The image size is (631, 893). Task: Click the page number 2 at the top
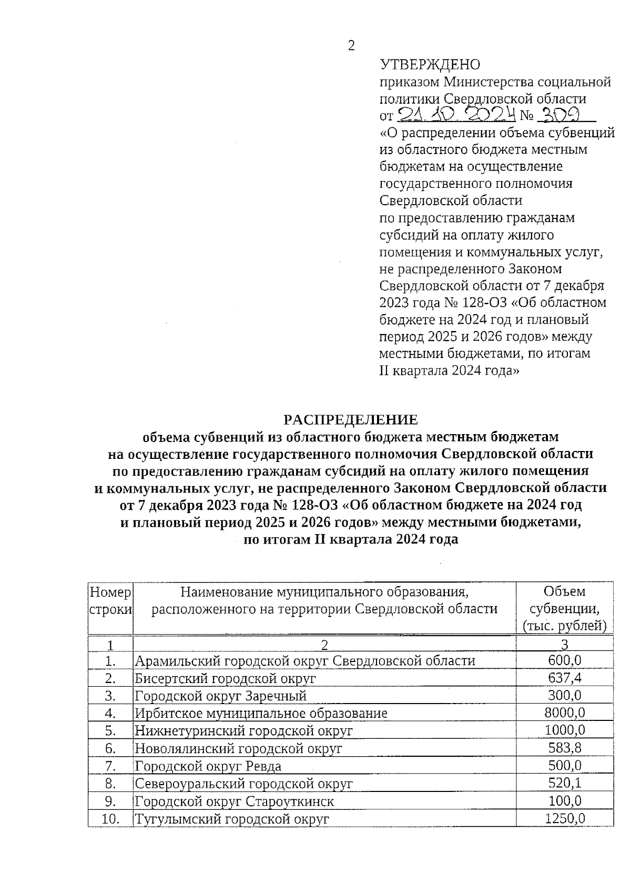click(351, 46)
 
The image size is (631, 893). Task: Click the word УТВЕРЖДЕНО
click(430, 65)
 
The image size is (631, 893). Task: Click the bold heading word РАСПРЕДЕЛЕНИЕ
click(351, 419)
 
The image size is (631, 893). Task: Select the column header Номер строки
click(110, 601)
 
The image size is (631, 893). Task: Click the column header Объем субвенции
click(565, 608)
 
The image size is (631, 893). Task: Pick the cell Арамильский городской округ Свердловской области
click(305, 660)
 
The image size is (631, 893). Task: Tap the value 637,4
click(565, 678)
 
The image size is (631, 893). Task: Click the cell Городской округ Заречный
click(221, 696)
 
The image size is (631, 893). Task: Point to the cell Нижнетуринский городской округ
click(243, 730)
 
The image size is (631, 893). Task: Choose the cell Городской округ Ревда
click(208, 766)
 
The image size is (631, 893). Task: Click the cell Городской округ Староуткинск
click(235, 801)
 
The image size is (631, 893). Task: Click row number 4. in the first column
click(110, 713)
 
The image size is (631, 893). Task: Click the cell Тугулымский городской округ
click(232, 819)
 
